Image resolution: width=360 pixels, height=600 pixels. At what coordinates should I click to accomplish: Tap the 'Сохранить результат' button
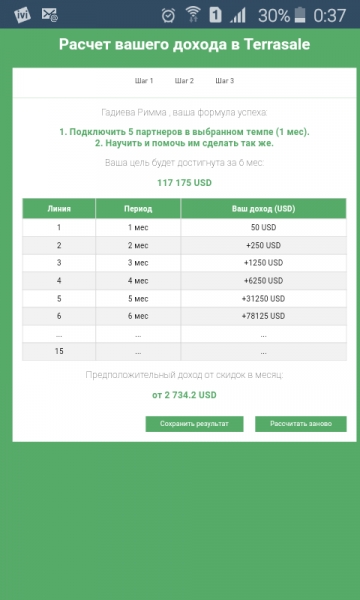(194, 424)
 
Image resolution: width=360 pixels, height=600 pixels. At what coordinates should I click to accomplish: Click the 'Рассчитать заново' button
(300, 424)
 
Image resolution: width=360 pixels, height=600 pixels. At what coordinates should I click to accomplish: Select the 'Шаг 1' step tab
(144, 80)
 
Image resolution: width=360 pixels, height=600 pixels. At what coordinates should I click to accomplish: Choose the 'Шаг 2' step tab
(184, 80)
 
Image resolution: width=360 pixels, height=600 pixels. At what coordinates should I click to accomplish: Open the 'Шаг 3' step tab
(224, 80)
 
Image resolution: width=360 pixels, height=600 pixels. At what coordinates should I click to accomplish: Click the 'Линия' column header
(59, 208)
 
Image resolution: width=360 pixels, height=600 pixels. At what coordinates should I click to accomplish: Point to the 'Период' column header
(138, 208)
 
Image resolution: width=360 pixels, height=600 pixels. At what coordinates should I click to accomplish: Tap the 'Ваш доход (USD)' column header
(263, 208)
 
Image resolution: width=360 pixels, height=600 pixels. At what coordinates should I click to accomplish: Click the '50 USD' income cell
(263, 228)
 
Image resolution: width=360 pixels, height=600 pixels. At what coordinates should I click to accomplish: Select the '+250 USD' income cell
(263, 245)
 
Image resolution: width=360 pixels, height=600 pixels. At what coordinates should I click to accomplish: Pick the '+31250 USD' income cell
(263, 298)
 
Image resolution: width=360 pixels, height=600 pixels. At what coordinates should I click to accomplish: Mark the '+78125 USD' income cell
(263, 316)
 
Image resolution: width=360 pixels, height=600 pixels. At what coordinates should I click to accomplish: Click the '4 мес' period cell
(138, 281)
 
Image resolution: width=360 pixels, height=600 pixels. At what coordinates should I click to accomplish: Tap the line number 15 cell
(59, 351)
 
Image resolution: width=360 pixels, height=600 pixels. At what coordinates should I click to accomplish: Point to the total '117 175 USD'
(179, 183)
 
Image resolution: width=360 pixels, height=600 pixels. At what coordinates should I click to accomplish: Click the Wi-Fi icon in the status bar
(193, 15)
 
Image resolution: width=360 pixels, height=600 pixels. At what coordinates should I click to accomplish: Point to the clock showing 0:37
(330, 16)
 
